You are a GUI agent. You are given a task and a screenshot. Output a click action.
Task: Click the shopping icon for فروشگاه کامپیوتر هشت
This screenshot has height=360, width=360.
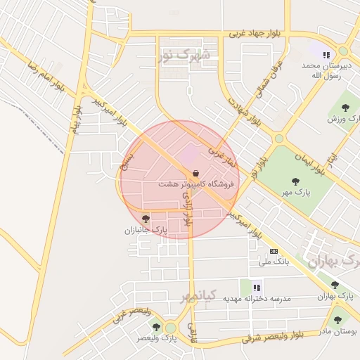(195, 173)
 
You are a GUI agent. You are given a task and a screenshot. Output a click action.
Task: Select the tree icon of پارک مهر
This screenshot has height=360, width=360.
(295, 181)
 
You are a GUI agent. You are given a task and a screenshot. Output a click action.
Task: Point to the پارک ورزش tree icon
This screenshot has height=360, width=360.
(345, 108)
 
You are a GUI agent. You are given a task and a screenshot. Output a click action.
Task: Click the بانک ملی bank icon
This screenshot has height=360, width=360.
(274, 251)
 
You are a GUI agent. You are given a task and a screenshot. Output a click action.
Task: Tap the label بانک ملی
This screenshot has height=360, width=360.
(274, 262)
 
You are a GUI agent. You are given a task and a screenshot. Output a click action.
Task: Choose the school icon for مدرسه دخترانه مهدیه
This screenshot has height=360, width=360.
(257, 287)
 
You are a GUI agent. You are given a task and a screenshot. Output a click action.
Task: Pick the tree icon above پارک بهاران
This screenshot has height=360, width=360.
(335, 285)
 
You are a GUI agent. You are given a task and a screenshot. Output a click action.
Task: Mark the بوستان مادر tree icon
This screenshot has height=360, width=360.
(337, 319)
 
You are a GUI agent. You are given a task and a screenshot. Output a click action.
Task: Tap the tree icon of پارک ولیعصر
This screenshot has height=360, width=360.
(170, 328)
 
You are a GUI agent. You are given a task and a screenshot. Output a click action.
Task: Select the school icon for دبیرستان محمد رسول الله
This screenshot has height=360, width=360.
(326, 54)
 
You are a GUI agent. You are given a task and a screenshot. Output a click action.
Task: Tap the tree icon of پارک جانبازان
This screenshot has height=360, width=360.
(146, 219)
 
